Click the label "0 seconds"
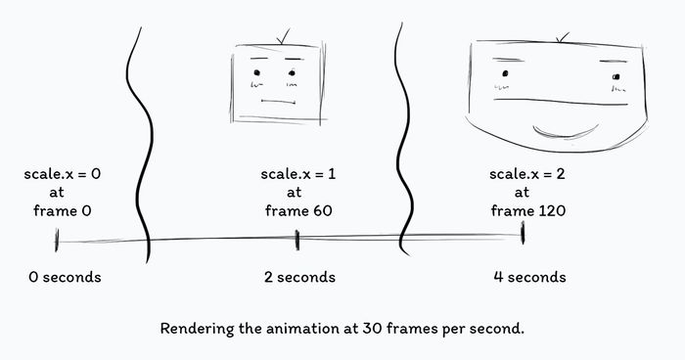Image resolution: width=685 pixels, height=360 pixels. [65, 277]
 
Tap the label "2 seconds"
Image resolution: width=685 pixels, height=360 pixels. [299, 277]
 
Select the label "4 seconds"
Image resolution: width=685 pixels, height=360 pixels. [529, 277]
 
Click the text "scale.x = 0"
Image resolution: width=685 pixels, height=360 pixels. [63, 174]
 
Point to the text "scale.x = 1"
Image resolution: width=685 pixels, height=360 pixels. [298, 174]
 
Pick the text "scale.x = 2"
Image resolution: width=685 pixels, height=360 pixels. [528, 174]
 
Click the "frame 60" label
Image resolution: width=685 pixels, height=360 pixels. [298, 210]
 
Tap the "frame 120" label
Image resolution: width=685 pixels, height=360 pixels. [528, 210]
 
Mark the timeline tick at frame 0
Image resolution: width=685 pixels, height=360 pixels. [57, 240]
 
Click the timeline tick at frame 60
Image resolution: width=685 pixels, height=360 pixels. [297, 240]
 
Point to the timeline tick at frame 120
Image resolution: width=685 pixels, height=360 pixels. [524, 235]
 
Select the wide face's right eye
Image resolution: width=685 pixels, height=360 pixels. [616, 76]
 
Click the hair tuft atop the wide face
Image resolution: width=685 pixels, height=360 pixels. [561, 38]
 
